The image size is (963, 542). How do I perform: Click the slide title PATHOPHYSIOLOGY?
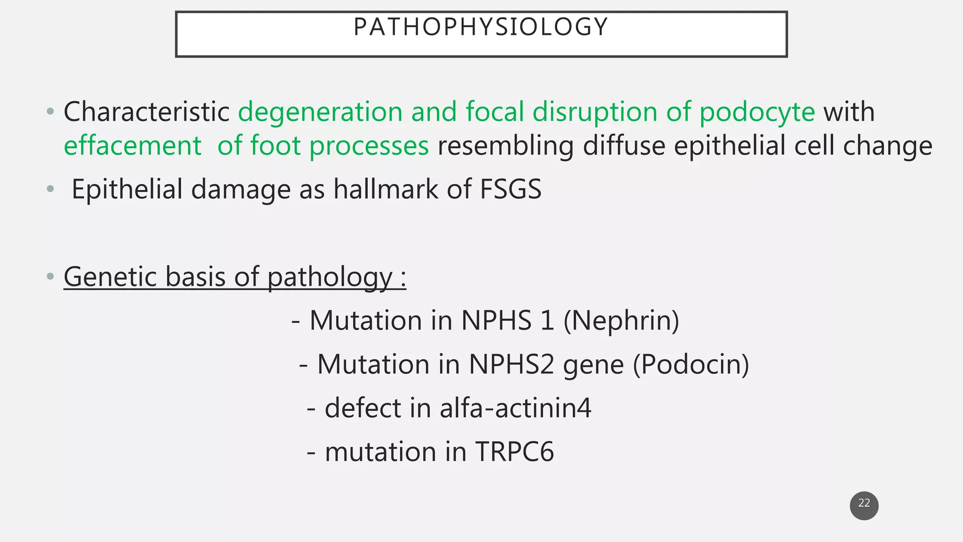(x=481, y=27)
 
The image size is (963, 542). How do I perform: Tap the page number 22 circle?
(x=864, y=505)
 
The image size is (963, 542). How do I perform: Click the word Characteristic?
(x=146, y=112)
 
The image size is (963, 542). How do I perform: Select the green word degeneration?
(x=320, y=112)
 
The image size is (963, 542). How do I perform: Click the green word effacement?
(x=133, y=146)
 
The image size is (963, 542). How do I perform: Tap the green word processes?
(x=369, y=146)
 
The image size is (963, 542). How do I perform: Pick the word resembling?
(x=505, y=146)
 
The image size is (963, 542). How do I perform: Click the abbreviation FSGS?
(x=510, y=190)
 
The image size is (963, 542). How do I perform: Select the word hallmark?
(x=386, y=190)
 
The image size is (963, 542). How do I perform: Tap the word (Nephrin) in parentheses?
(x=621, y=321)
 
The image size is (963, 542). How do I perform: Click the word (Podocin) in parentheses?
(x=691, y=365)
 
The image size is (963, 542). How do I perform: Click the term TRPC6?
(x=514, y=452)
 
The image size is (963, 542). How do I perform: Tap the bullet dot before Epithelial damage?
(x=50, y=190)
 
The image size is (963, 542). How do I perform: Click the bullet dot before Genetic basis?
(x=50, y=277)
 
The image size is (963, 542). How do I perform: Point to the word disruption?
(x=594, y=112)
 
